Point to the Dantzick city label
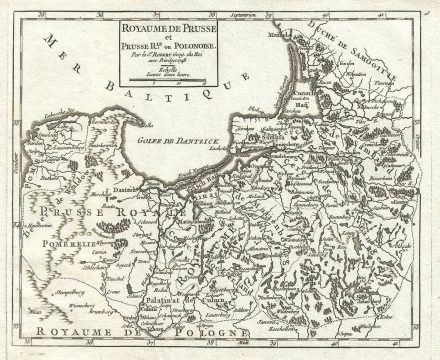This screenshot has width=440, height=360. coord(124,189)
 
